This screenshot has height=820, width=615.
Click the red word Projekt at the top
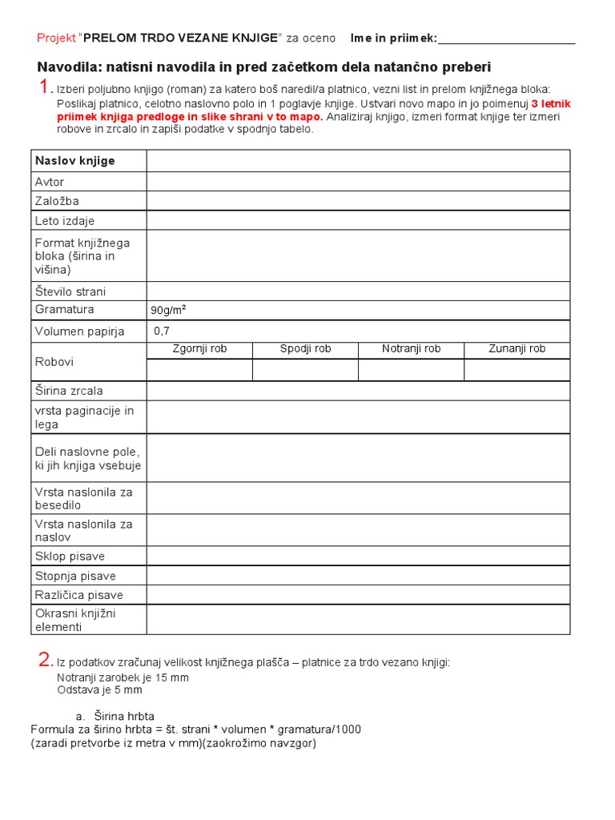56,38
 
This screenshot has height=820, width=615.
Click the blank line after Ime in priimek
506,38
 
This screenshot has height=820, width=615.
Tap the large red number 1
46,87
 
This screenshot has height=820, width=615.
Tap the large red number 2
46,661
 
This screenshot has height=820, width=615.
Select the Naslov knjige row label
75,161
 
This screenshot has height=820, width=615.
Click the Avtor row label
50,182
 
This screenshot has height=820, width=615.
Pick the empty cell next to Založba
358,201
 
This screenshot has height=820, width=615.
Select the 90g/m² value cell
358,310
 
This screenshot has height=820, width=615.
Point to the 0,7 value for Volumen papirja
162,331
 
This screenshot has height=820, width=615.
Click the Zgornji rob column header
199,349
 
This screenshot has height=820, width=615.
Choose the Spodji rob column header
305,349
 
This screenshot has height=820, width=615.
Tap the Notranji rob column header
411,349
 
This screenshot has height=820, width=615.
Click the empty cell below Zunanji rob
517,370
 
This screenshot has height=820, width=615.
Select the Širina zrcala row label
69,391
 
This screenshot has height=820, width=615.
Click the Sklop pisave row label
70,557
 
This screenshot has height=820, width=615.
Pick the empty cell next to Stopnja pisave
358,576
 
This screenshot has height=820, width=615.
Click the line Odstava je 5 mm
99,689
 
